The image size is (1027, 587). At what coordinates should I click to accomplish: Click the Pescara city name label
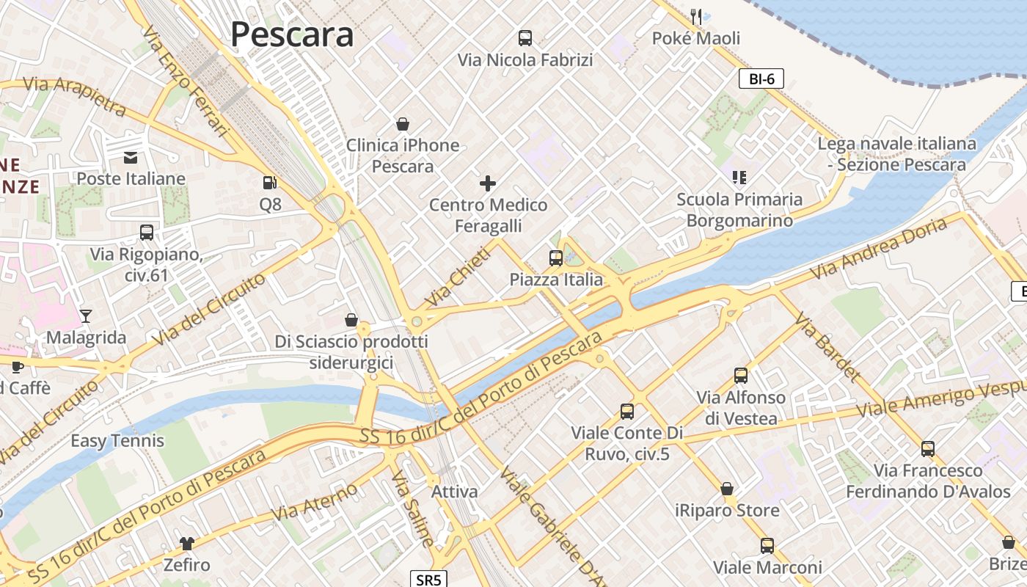click(292, 34)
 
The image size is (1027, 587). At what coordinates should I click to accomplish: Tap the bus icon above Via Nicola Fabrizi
click(525, 38)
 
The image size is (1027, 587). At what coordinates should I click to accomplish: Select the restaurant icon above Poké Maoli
click(696, 16)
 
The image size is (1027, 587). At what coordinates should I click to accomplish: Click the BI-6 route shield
click(761, 79)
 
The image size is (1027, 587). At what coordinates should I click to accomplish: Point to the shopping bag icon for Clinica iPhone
click(402, 124)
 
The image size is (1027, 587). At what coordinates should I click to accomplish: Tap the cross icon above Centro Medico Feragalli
click(488, 183)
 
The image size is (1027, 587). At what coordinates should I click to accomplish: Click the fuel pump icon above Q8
click(270, 183)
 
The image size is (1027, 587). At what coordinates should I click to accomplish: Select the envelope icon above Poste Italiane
click(131, 157)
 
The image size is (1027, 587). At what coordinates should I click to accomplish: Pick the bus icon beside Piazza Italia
click(556, 258)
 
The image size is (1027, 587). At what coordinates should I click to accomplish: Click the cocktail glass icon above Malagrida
click(86, 316)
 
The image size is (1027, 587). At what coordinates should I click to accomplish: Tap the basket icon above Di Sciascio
click(351, 320)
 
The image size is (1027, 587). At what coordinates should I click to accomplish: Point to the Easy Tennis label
click(117, 441)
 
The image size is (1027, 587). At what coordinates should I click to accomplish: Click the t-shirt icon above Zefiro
click(187, 544)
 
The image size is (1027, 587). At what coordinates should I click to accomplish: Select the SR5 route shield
click(429, 580)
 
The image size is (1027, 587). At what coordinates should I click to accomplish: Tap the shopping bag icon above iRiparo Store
click(727, 489)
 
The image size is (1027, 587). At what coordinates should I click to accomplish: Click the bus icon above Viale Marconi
click(767, 546)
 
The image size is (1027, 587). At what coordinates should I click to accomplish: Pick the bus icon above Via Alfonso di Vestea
click(741, 376)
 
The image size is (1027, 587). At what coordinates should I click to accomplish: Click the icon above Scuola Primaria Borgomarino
click(739, 178)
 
